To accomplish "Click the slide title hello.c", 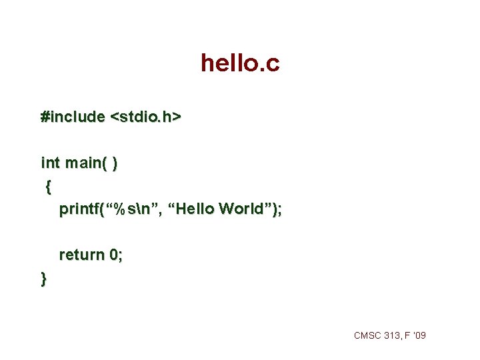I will point(240,64).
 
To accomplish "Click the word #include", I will point(73,117).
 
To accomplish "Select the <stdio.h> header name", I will point(146,117).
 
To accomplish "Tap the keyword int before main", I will point(50,163).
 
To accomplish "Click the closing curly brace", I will point(44,278).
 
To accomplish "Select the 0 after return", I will point(114,255).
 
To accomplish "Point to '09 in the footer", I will point(420,335).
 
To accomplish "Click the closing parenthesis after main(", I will point(116,163).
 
